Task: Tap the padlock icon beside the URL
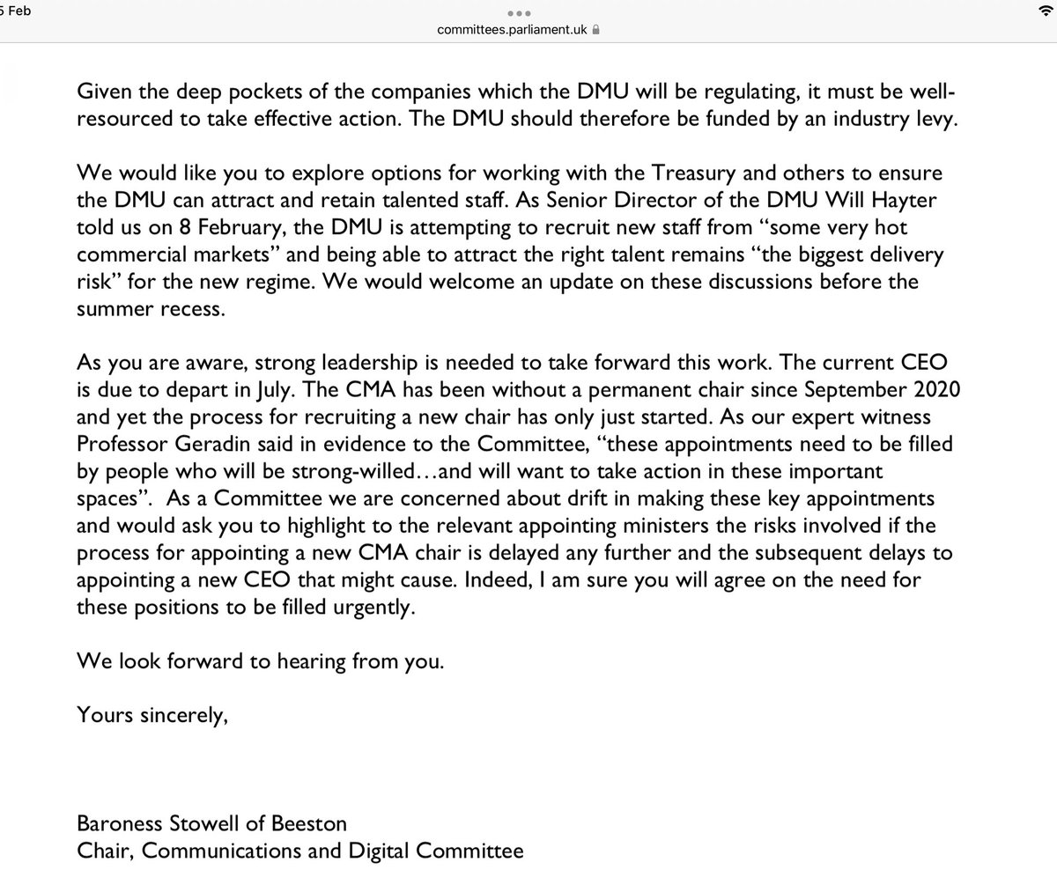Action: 596,30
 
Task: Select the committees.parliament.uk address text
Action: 513,30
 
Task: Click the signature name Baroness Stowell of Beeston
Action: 211,824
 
